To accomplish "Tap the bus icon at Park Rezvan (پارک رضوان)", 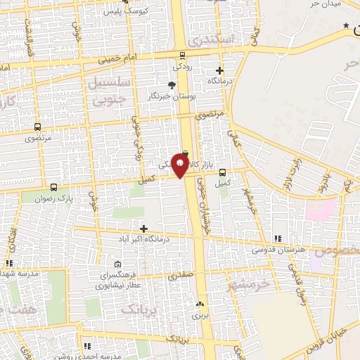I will (x=55, y=188).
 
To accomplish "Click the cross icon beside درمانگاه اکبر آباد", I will (x=144, y=229).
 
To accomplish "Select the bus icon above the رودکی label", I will (x=183, y=55).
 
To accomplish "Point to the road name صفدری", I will (x=179, y=276).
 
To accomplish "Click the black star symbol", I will (x=345, y=25).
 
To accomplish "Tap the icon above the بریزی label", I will (x=200, y=305).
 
